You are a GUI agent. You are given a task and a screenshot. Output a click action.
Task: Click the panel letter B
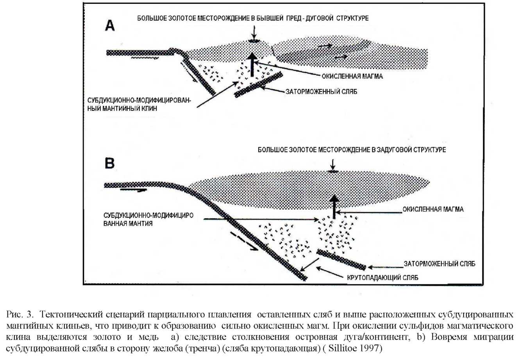click(110, 163)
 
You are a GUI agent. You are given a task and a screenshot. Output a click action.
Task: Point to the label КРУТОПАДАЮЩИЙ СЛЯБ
click(382, 278)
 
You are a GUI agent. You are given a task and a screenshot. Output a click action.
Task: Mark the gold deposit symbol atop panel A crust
click(254, 41)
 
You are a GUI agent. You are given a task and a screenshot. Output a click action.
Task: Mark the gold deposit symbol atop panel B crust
click(332, 171)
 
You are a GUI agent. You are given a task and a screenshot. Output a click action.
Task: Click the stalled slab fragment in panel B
click(341, 260)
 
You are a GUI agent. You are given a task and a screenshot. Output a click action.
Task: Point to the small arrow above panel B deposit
click(332, 163)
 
